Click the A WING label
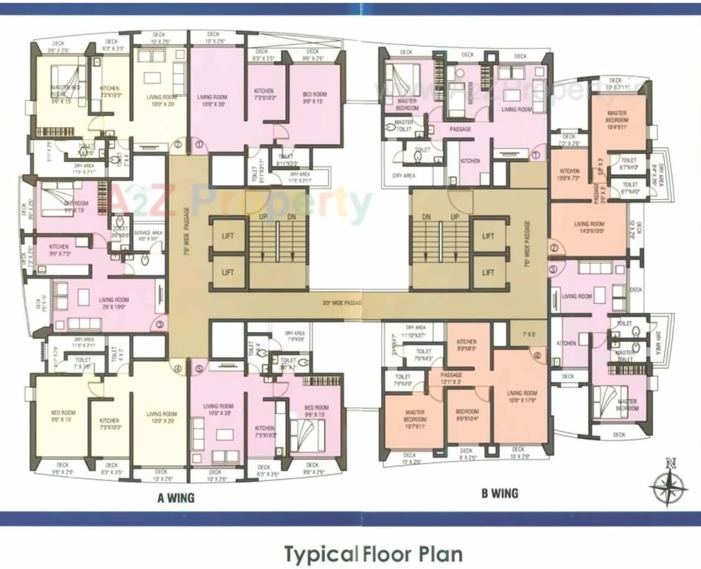(x=175, y=498)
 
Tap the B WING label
(x=500, y=493)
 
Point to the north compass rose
(x=669, y=485)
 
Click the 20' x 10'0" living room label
(x=114, y=304)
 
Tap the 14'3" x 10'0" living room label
(x=589, y=227)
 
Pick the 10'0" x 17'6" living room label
(x=521, y=397)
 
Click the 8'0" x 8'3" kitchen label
(x=466, y=345)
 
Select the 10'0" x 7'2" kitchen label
(x=570, y=175)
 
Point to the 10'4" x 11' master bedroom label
(x=617, y=120)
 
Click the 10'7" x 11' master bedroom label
(x=415, y=416)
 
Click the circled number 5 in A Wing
(x=199, y=369)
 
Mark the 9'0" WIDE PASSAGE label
(x=342, y=303)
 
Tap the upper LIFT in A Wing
(x=228, y=236)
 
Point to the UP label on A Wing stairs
(x=263, y=217)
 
